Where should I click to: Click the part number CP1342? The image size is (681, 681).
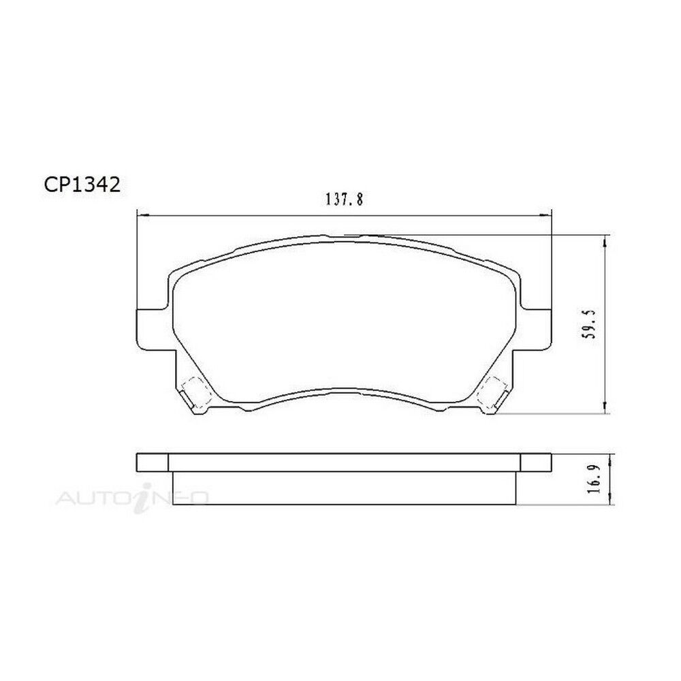pos(82,185)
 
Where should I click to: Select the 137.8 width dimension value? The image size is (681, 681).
pos(343,200)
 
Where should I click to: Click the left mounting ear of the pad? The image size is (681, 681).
pos(152,329)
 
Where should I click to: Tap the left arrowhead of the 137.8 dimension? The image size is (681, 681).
pos(142,215)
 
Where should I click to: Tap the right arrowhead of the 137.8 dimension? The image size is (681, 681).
pos(545,215)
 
